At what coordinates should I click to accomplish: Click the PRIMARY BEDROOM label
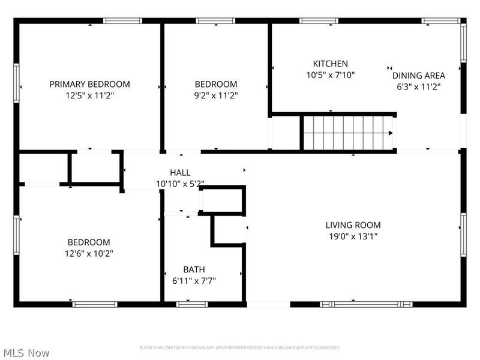pyautogui.click(x=89, y=84)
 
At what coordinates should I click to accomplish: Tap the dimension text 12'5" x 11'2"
pyautogui.click(x=89, y=95)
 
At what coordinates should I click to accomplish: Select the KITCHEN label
pyautogui.click(x=330, y=64)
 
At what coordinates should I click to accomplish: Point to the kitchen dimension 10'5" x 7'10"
pyautogui.click(x=330, y=75)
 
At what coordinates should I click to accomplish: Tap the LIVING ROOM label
pyautogui.click(x=353, y=225)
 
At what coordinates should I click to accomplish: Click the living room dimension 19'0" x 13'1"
pyautogui.click(x=353, y=236)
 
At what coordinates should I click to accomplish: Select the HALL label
pyautogui.click(x=180, y=173)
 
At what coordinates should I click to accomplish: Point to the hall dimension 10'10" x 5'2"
pyautogui.click(x=180, y=184)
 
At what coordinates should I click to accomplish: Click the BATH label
pyautogui.click(x=194, y=269)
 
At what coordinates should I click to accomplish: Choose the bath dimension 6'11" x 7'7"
pyautogui.click(x=194, y=280)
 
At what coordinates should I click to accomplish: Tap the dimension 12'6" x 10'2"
pyautogui.click(x=88, y=253)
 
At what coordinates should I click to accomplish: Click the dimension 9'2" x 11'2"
pyautogui.click(x=215, y=95)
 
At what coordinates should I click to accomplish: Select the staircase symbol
pyautogui.click(x=347, y=133)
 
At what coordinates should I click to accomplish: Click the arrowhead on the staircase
pyautogui.click(x=391, y=133)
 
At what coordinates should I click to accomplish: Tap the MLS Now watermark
pyautogui.click(x=26, y=353)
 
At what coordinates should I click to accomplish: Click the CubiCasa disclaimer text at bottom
pyautogui.click(x=239, y=347)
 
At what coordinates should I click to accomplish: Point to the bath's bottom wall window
pyautogui.click(x=191, y=304)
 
